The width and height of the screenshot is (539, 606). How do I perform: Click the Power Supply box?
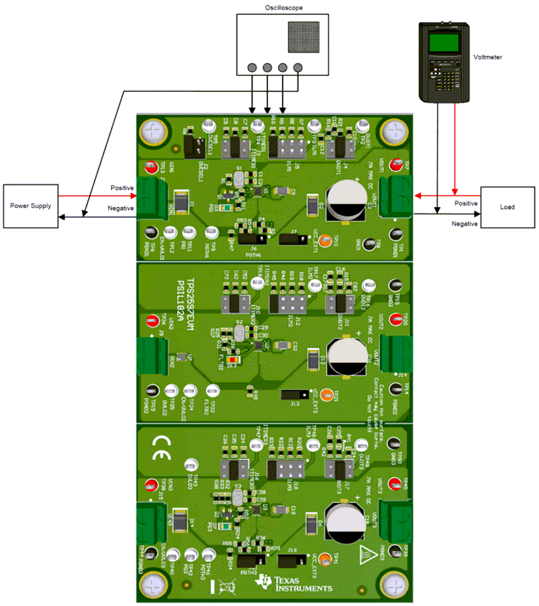[30, 206]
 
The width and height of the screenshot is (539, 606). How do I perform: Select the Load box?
[507, 207]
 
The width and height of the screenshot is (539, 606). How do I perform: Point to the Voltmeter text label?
[487, 57]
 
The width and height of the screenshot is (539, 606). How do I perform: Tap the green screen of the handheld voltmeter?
[446, 42]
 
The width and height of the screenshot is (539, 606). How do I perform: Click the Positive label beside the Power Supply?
[122, 187]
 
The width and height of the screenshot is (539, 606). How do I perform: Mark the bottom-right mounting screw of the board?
[395, 582]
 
